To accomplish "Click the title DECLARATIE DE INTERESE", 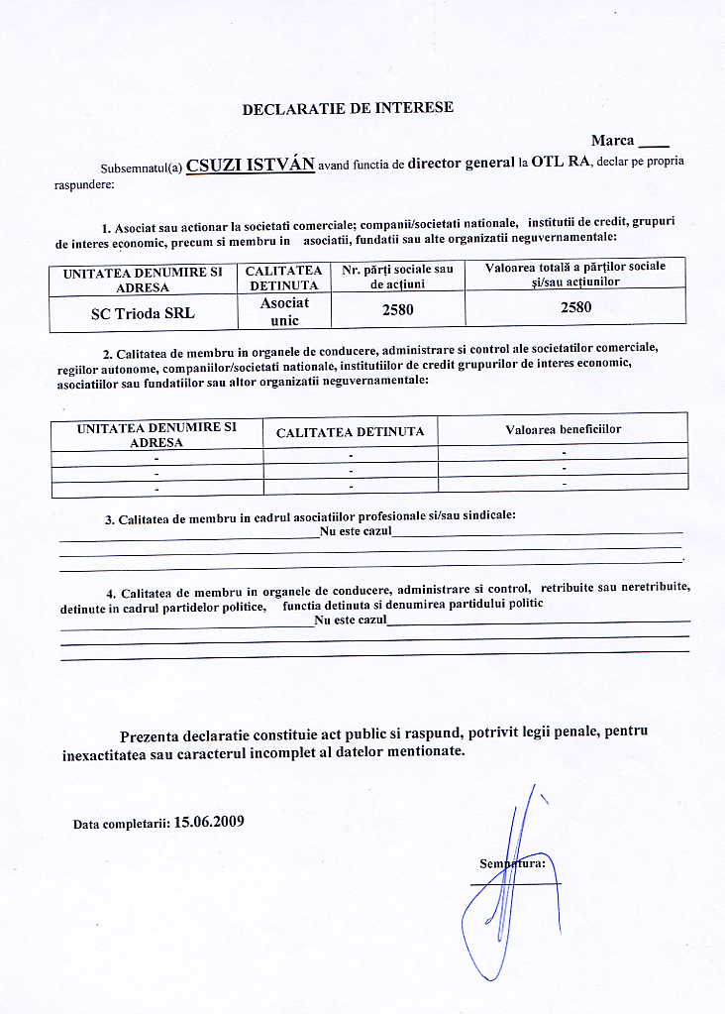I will (x=348, y=108).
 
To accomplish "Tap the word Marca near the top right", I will (x=613, y=141).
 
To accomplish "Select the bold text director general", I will (x=461, y=163).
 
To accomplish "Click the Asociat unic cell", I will (x=284, y=311).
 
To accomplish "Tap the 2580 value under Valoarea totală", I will (x=575, y=307).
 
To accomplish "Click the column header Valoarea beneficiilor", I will (x=563, y=428).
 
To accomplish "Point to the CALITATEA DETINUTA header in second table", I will (x=350, y=432).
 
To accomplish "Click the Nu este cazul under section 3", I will (x=356, y=532).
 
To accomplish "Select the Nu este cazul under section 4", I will (x=350, y=620).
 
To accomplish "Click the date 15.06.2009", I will (x=208, y=822).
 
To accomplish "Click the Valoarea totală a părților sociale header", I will (x=575, y=274).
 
